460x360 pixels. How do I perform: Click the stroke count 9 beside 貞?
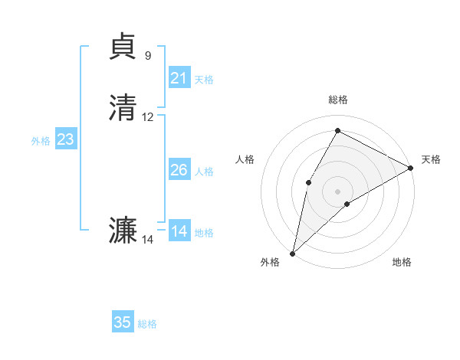point(148,56)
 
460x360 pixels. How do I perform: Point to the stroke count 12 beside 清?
point(148,117)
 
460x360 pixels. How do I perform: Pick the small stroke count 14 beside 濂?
point(148,240)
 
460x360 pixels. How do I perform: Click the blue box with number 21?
point(179,78)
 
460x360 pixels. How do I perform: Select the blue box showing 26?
point(179,170)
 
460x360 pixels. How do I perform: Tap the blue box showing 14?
point(179,231)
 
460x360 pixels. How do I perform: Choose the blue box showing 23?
point(66,139)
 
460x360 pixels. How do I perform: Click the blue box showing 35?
point(123,322)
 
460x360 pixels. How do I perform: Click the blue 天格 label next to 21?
point(204,80)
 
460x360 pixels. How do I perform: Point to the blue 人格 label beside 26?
point(204,172)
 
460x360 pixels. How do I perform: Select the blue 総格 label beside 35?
point(147,324)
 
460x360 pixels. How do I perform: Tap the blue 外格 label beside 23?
point(41,141)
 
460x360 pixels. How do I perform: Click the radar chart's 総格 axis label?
point(337,100)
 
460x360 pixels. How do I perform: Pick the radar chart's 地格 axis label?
point(402,263)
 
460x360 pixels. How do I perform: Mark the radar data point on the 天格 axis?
point(411,168)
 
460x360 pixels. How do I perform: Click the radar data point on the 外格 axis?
point(292,253)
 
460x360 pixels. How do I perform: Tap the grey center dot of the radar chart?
point(337,191)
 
